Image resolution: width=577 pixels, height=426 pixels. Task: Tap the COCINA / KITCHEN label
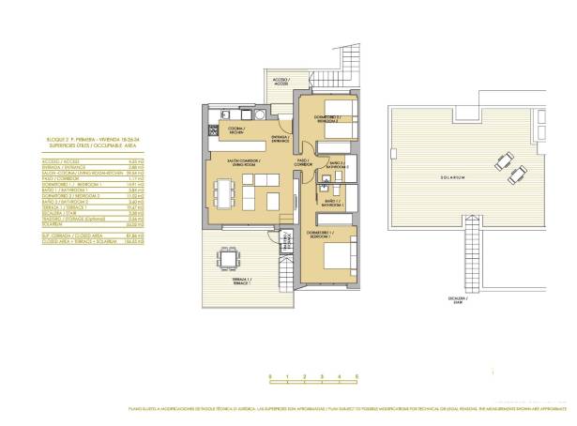[237, 130]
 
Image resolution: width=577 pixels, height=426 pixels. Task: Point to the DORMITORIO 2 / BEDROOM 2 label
[326, 119]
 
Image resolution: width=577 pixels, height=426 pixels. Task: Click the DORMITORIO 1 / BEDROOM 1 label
[320, 233]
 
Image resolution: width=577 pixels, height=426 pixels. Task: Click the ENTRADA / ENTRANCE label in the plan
[281, 139]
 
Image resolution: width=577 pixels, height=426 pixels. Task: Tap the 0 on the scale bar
[269, 375]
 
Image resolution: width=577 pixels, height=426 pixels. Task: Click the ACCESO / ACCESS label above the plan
[281, 82]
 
